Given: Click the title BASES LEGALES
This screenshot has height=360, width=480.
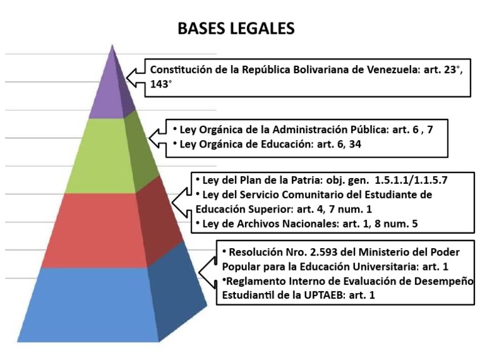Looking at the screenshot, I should tap(236, 29).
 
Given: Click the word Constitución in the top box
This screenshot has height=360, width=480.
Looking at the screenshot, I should tap(182, 69).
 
